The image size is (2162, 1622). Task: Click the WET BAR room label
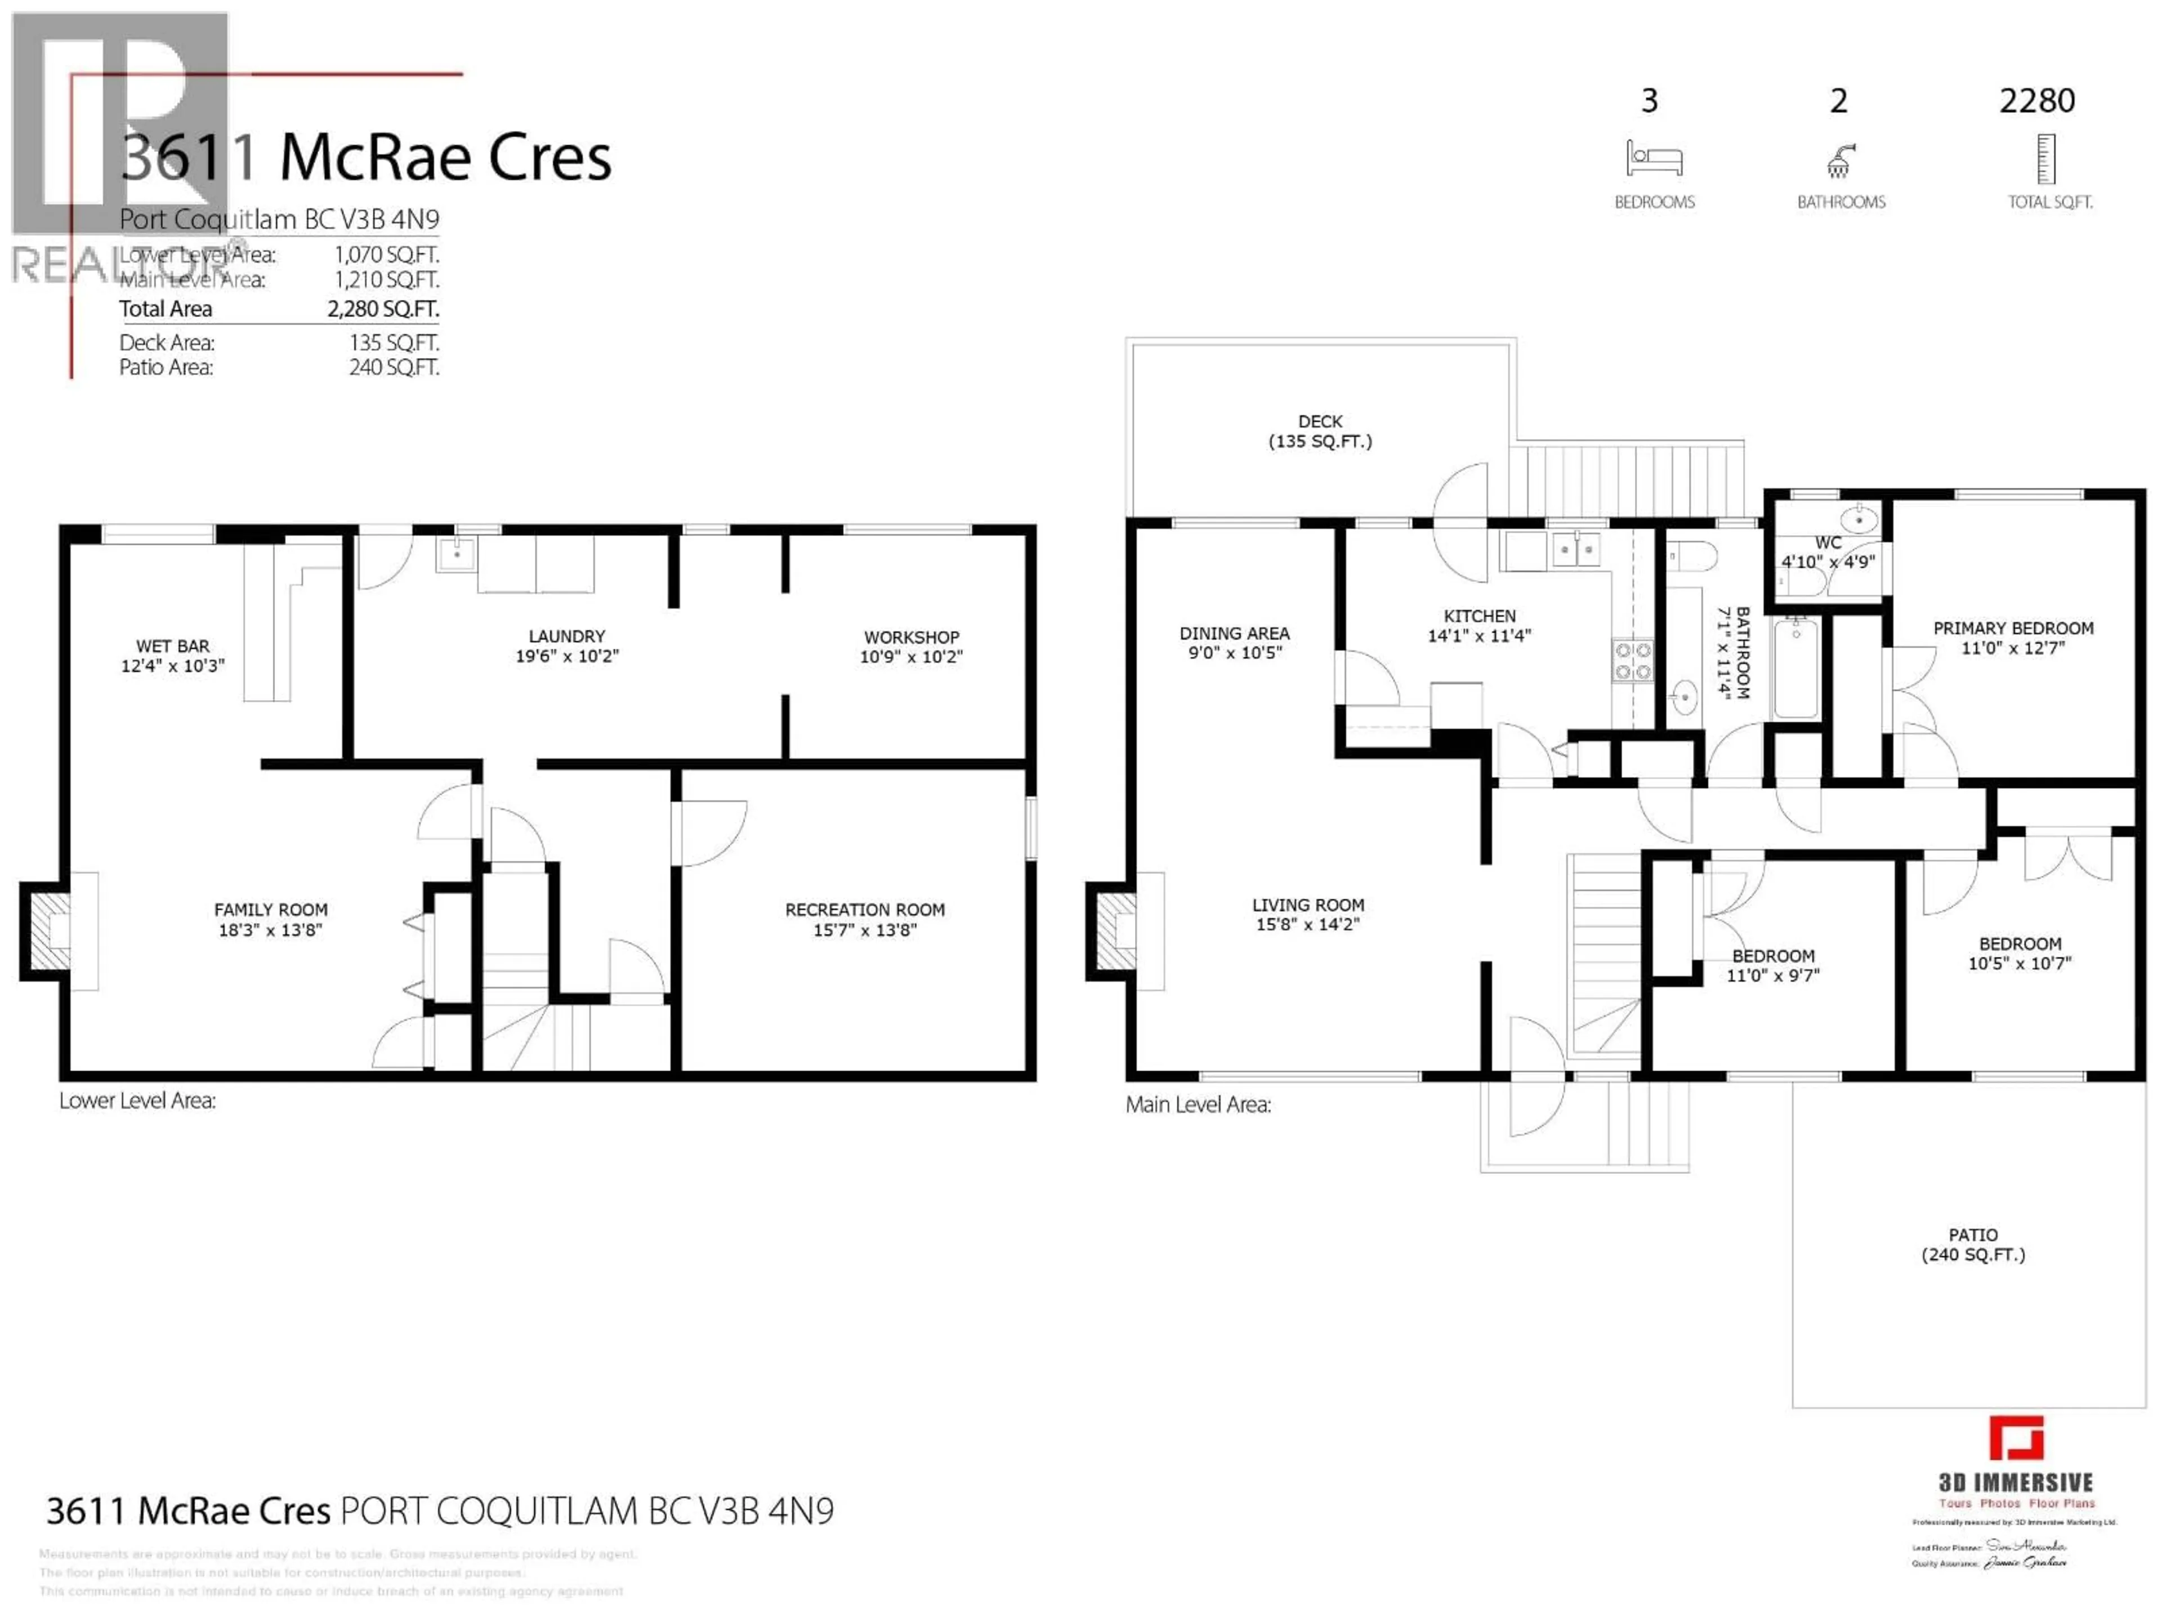[x=173, y=646]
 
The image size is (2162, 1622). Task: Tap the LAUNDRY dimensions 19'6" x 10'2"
[x=567, y=656]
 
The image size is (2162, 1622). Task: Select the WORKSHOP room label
[x=911, y=638]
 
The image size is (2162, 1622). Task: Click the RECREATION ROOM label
[x=865, y=910]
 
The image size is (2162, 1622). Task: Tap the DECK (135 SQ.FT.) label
[x=1320, y=431]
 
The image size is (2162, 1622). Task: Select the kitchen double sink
[x=1575, y=550]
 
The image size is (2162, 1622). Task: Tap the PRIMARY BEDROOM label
[x=2012, y=629]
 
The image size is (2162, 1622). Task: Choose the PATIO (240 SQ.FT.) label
[x=1972, y=1245]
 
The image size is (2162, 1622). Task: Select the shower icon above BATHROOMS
[x=1841, y=161]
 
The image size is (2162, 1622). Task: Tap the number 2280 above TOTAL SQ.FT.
[x=2037, y=101]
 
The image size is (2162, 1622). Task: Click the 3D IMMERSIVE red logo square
[x=2016, y=1438]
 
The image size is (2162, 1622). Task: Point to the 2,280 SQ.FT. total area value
[x=382, y=309]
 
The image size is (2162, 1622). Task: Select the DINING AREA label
[x=1235, y=634]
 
